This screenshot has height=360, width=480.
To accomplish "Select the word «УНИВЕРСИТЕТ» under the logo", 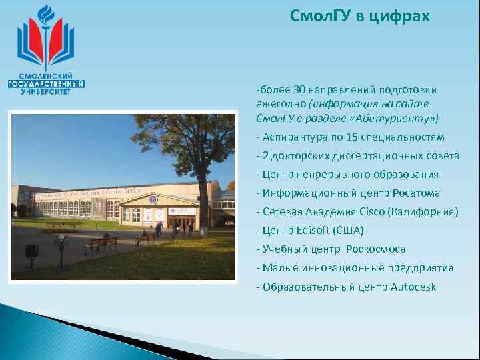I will [46, 92].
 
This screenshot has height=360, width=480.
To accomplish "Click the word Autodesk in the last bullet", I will [413, 287].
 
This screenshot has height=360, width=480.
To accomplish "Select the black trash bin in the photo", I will [31, 251].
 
